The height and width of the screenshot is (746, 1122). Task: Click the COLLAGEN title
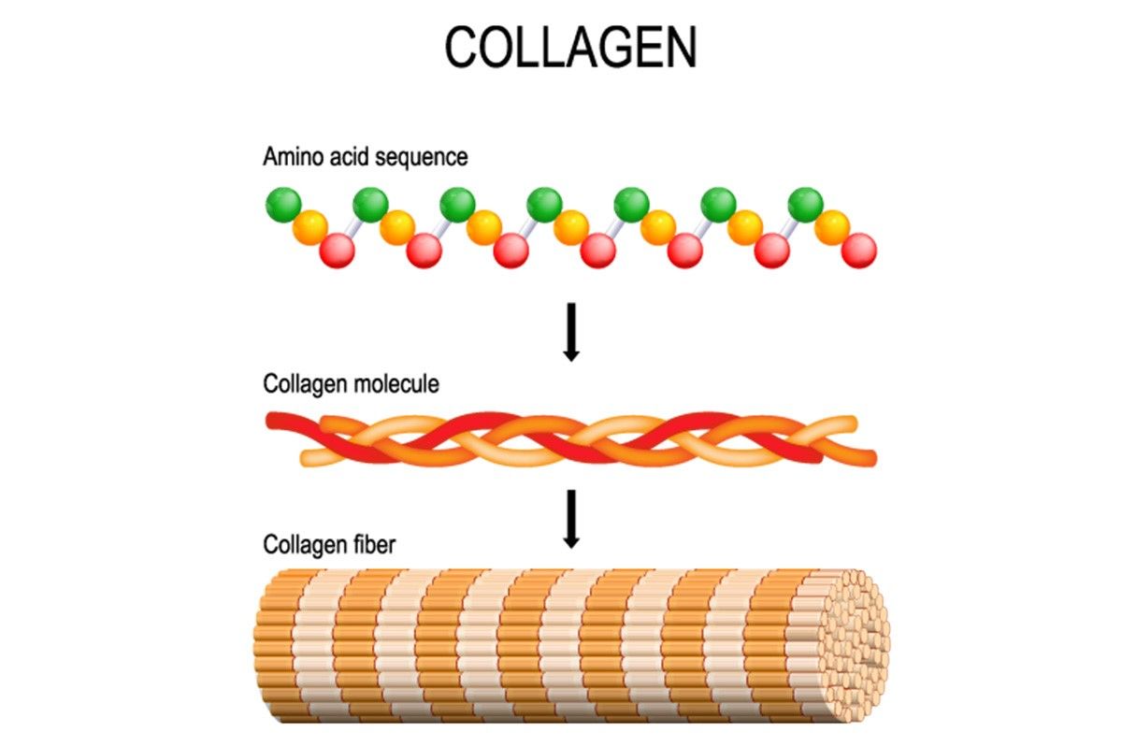coord(570,47)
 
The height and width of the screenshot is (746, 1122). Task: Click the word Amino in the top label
coord(293,156)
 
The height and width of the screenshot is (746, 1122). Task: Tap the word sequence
coord(422,158)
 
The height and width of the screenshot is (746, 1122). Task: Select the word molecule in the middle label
coord(396,384)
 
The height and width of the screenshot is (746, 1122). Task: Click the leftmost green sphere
coord(283,205)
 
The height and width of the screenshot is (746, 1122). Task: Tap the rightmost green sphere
coord(805,205)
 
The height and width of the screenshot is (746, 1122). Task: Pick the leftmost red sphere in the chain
coord(338,251)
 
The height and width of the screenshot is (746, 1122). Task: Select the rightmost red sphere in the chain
coord(859,251)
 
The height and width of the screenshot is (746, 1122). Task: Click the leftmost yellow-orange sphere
coord(310,228)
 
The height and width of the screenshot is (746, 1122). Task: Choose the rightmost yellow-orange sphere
coord(832,228)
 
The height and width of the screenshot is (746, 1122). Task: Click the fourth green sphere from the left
coord(544,205)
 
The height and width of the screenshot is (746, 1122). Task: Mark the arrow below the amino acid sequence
coord(571,332)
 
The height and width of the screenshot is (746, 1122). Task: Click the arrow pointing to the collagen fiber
coord(571,519)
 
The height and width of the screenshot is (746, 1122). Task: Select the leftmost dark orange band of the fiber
coord(277,646)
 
